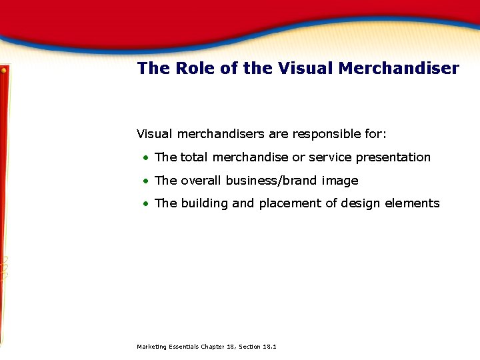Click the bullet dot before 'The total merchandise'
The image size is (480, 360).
click(145, 158)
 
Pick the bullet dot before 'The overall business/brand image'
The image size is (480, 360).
click(145, 181)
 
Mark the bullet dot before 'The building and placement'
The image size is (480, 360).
click(145, 204)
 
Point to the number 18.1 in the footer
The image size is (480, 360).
click(270, 347)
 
